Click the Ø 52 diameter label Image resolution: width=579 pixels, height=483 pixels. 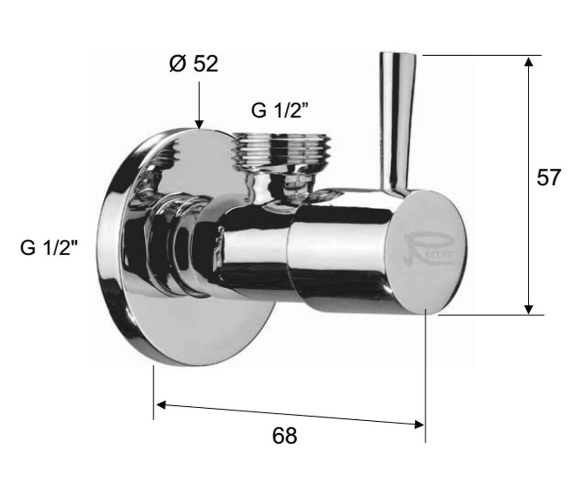coord(194,65)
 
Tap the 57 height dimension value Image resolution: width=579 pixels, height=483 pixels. coord(549,178)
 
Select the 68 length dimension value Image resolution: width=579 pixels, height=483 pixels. coord(285,436)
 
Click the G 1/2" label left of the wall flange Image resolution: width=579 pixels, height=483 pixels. coord(48,248)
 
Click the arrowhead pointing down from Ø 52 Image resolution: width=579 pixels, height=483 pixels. coord(199,125)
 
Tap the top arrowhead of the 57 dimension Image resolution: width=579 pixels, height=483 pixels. coord(529,62)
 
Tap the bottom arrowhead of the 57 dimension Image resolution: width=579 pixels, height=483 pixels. coord(529,309)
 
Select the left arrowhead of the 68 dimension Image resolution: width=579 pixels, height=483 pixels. coord(161,405)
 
